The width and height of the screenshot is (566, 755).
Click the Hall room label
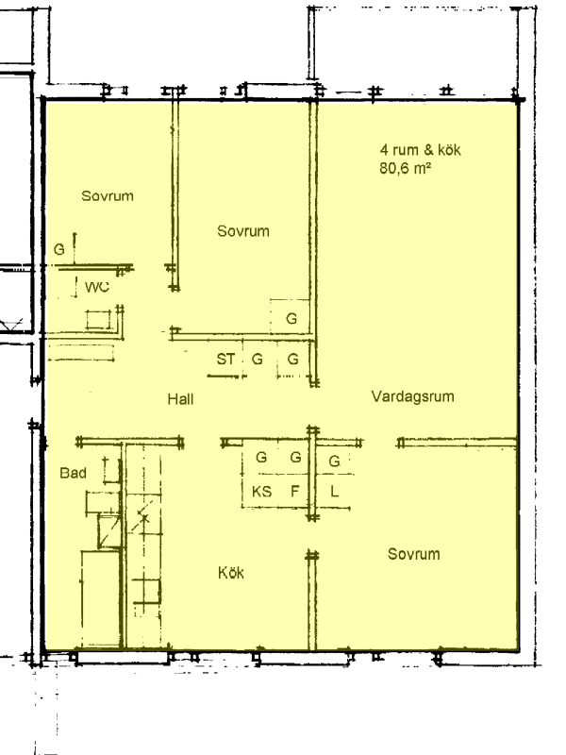(x=180, y=399)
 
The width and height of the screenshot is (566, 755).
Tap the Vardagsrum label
(x=412, y=396)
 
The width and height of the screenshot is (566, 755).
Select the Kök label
(x=230, y=573)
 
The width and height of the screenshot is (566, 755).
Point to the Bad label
(x=74, y=473)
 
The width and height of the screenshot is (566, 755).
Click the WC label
(x=97, y=287)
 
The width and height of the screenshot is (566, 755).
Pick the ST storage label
(x=225, y=360)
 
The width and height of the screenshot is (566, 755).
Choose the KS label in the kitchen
(x=262, y=492)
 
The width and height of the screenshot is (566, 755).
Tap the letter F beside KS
(x=294, y=491)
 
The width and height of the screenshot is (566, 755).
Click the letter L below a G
(x=335, y=492)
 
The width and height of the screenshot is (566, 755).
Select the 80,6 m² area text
(x=405, y=169)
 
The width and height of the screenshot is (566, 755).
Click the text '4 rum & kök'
(x=420, y=150)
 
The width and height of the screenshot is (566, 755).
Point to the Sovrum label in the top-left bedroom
(x=108, y=196)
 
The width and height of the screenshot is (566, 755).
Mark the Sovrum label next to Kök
(x=414, y=554)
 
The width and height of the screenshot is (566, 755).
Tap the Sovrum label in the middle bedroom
(x=243, y=231)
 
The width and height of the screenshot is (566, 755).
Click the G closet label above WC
(x=58, y=249)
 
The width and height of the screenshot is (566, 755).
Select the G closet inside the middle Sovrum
(x=291, y=318)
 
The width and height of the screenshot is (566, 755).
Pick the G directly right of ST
(x=258, y=360)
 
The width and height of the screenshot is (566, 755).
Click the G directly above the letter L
(x=335, y=461)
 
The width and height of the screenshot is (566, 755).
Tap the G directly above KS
(x=261, y=457)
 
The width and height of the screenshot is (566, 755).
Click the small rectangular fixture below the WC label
(x=98, y=320)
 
